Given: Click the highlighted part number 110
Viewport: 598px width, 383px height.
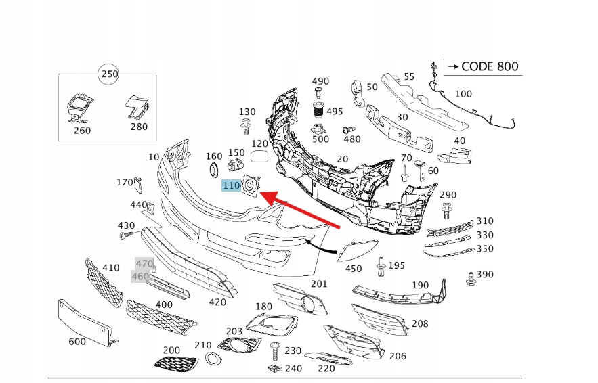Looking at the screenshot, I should (x=232, y=185).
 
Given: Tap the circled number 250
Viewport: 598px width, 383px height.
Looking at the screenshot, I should (x=108, y=73).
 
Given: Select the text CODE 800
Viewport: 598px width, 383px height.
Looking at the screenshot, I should (x=490, y=66).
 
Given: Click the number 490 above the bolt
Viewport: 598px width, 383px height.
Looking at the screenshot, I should (x=320, y=82).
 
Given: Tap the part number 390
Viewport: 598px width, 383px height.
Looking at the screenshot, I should (x=485, y=275).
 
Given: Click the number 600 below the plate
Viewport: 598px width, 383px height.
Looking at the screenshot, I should (x=77, y=342).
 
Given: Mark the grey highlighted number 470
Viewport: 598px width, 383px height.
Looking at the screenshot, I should (x=144, y=263).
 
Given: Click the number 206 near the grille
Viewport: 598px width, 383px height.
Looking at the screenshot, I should (x=398, y=356).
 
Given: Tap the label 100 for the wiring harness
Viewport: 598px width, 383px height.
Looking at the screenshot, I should (x=463, y=94).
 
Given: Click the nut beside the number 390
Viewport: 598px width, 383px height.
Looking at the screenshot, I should (x=469, y=277).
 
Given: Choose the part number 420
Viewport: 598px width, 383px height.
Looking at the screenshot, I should (x=217, y=302).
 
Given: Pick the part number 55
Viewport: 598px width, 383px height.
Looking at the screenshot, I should (x=409, y=76).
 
